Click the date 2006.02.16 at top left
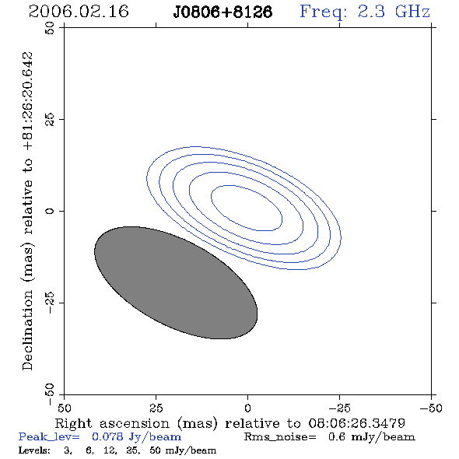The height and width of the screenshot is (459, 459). (x=79, y=12)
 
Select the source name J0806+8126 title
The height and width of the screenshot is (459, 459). (x=222, y=12)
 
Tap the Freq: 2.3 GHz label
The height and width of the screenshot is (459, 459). (x=365, y=12)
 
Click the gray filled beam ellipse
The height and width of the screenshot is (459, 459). (x=176, y=282)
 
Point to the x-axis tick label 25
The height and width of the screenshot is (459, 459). (x=156, y=408)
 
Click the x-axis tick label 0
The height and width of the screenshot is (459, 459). (x=247, y=408)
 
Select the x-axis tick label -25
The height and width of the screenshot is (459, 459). (x=339, y=408)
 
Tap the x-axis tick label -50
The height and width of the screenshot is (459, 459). (x=431, y=408)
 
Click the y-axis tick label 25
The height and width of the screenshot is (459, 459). (x=50, y=120)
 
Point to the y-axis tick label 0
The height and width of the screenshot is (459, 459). (x=50, y=211)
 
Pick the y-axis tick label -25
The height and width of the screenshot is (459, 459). (x=50, y=303)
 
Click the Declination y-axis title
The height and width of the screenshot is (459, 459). (x=28, y=211)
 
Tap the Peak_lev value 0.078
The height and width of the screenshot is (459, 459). (x=107, y=436)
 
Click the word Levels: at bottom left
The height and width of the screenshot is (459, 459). (x=34, y=450)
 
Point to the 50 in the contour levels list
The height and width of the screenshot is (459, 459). (x=155, y=450)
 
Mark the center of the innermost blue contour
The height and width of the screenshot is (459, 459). (x=247, y=208)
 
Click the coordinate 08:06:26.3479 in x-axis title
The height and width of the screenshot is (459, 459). (x=356, y=423)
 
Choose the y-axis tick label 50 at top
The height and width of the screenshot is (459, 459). (x=50, y=28)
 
